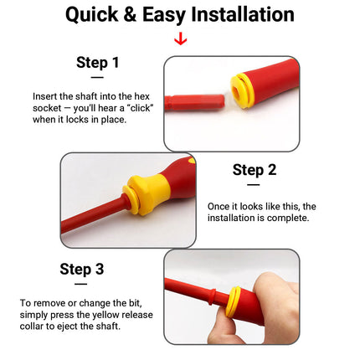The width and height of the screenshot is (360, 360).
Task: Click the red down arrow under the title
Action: (181, 39)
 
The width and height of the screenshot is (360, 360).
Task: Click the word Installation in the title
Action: (243, 14)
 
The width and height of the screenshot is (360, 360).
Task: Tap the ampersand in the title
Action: (130, 14)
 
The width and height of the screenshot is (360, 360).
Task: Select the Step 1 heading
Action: (98, 63)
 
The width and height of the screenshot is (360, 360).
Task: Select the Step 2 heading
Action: (255, 170)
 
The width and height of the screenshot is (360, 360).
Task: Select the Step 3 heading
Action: (82, 270)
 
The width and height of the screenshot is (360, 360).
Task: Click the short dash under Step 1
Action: (97, 77)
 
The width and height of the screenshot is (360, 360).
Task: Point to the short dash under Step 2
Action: (254, 185)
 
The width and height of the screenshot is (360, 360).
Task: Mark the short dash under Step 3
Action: (80, 284)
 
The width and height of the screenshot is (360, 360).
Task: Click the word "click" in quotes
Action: (141, 108)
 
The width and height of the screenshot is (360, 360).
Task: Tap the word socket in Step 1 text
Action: (47, 108)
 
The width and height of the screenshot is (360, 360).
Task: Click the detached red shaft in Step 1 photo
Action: (194, 102)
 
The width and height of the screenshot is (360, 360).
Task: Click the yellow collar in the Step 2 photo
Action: (148, 194)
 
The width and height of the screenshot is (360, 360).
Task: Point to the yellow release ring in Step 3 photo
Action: (233, 301)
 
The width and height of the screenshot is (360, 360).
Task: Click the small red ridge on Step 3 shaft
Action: (212, 297)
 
